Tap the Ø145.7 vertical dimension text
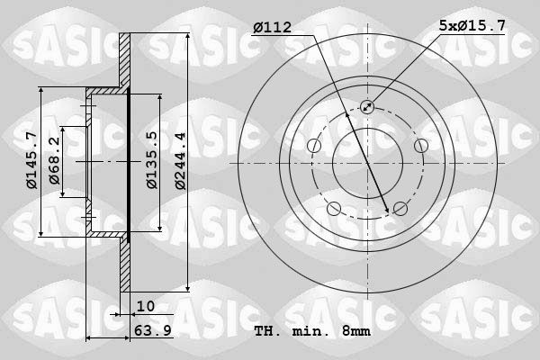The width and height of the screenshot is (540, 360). click(x=31, y=160)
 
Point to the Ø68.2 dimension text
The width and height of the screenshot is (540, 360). click(x=56, y=160)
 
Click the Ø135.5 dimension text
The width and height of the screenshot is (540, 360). click(x=152, y=160)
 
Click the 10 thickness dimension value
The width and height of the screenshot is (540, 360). click(x=145, y=306)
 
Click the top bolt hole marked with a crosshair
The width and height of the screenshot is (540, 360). click(x=367, y=107)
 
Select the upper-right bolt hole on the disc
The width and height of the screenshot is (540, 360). click(x=420, y=146)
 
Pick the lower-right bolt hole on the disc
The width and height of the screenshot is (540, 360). click(x=400, y=209)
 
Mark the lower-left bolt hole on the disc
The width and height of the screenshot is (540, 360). click(x=334, y=209)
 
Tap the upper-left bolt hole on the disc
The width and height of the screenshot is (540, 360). click(x=314, y=146)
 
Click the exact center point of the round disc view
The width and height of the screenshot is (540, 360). click(x=367, y=163)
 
